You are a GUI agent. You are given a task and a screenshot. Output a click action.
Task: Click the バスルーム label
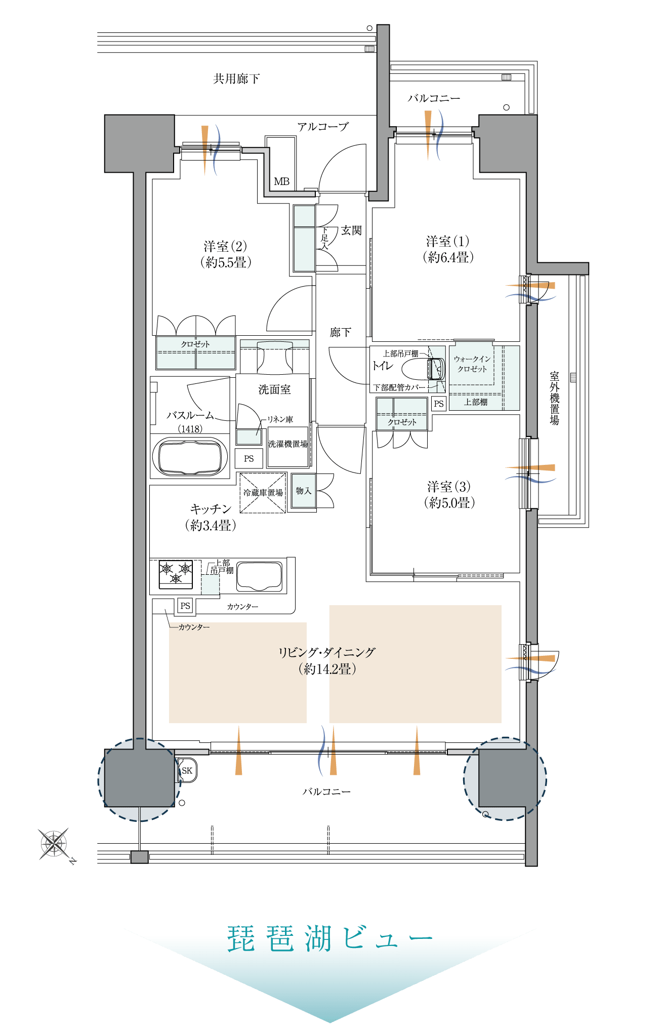(x=190, y=415)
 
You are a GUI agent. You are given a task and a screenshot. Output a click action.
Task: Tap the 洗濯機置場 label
(x=287, y=444)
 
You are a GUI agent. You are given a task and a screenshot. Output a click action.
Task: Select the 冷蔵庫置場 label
(x=263, y=492)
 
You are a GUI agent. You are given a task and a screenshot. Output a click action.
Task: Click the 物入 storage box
(x=304, y=491)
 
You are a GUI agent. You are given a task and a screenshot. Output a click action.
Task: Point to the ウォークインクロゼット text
(x=472, y=364)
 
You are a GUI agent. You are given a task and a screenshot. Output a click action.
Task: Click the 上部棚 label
(x=476, y=402)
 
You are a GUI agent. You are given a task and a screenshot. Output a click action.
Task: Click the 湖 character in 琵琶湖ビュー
(x=317, y=939)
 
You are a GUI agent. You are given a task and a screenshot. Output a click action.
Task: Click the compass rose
(x=54, y=844)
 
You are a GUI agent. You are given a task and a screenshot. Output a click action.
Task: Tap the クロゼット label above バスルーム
(x=195, y=344)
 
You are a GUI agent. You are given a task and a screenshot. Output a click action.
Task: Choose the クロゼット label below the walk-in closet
(x=402, y=422)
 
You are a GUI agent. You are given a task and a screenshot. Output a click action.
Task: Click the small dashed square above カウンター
(x=211, y=584)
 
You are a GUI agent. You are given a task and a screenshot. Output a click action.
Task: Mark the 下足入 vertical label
(x=324, y=238)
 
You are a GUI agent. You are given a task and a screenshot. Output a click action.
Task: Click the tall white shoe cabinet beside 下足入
(x=304, y=238)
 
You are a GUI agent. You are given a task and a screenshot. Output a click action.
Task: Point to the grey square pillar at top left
(x=139, y=144)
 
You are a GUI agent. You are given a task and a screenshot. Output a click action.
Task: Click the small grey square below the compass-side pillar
(x=140, y=857)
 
